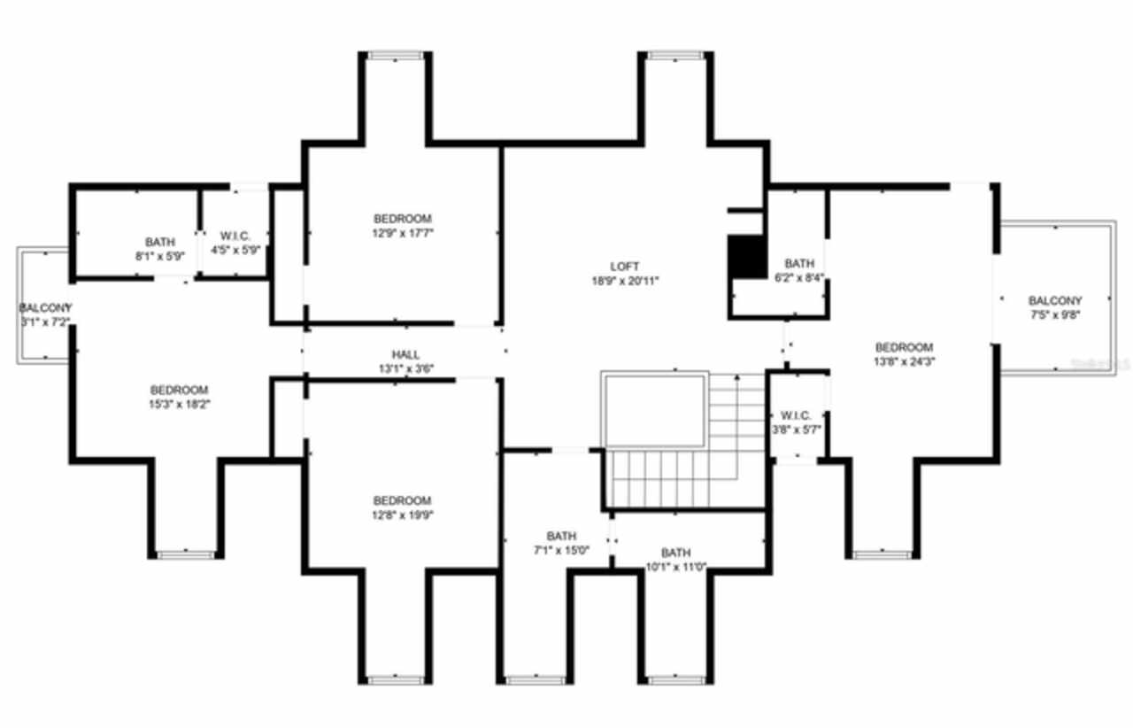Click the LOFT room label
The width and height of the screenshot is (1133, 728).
point(624,266)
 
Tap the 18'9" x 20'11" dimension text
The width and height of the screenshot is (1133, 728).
point(624,280)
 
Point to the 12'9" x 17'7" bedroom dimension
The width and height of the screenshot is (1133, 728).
point(403,233)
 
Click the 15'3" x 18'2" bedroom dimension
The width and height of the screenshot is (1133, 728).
point(180,404)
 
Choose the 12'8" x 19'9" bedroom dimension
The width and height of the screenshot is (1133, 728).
point(403,515)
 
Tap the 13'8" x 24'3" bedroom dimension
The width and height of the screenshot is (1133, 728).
point(904,361)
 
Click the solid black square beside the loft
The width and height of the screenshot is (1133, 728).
point(746,257)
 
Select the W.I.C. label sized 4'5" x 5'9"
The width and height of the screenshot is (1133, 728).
point(235,236)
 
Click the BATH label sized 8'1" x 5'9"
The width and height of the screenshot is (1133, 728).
point(160,242)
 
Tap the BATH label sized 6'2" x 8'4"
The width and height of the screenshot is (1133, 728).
point(799,263)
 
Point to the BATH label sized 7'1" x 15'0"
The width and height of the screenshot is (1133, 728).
point(561,536)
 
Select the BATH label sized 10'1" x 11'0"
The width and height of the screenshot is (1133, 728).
point(675,552)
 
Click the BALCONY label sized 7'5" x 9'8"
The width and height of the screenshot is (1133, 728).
point(1055,300)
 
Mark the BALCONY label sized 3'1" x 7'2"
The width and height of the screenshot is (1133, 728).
point(44,307)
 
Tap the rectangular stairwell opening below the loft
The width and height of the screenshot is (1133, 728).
point(654,410)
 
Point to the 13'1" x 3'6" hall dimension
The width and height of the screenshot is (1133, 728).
point(406,368)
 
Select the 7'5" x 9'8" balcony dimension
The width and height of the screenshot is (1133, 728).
point(1055,314)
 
